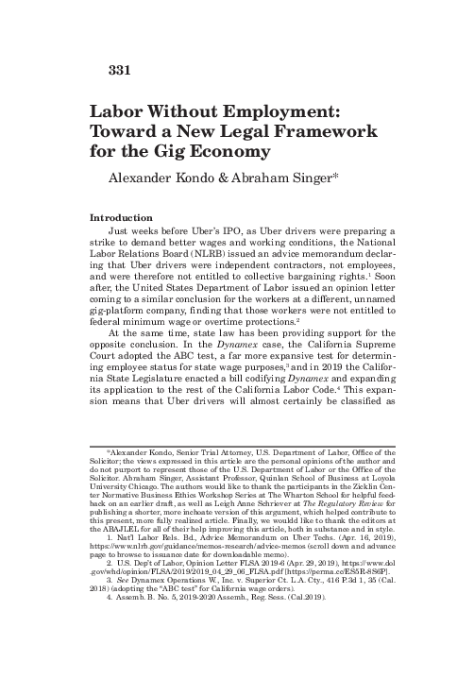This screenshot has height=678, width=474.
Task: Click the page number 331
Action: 99,69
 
